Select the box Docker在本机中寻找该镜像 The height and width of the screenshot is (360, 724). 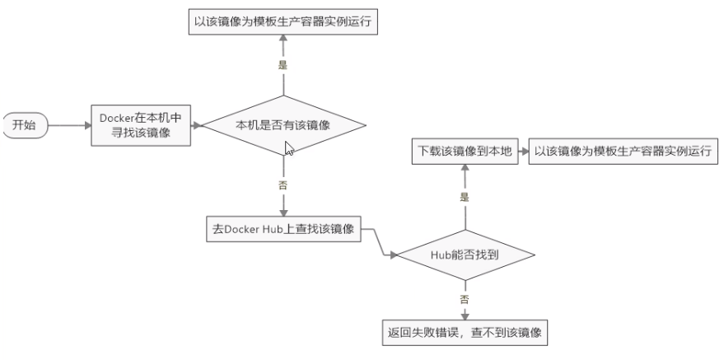tap(141, 126)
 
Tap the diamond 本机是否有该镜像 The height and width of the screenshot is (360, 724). tap(283, 125)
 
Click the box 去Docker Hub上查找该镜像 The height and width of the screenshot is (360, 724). tap(283, 228)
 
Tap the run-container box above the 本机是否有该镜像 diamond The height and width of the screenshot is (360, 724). tap(283, 22)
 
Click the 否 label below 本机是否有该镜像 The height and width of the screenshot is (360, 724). tap(283, 185)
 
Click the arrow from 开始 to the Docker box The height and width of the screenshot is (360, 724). tap(69, 126)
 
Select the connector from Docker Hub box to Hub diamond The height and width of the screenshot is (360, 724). tap(380, 243)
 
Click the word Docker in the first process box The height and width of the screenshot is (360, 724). tap(117, 119)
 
